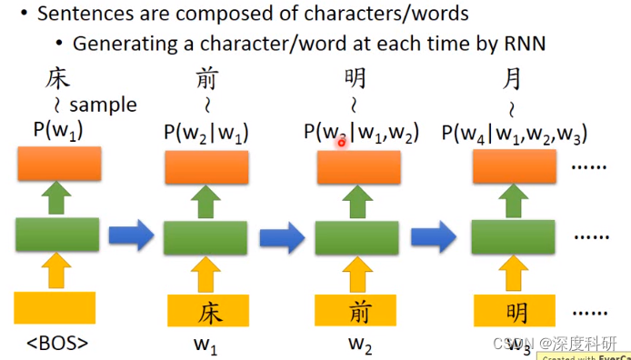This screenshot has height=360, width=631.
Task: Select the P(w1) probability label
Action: [x=57, y=131]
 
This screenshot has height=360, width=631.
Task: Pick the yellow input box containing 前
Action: [x=360, y=311]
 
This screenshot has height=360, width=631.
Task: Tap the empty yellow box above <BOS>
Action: [x=55, y=307]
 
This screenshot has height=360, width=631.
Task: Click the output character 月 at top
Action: [x=513, y=80]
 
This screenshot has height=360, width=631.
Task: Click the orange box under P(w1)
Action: [x=56, y=164]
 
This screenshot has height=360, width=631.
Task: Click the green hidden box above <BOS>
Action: [x=56, y=235]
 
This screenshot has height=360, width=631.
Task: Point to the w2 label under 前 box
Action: [x=360, y=345]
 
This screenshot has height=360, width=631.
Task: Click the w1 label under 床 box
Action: [x=208, y=345]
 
